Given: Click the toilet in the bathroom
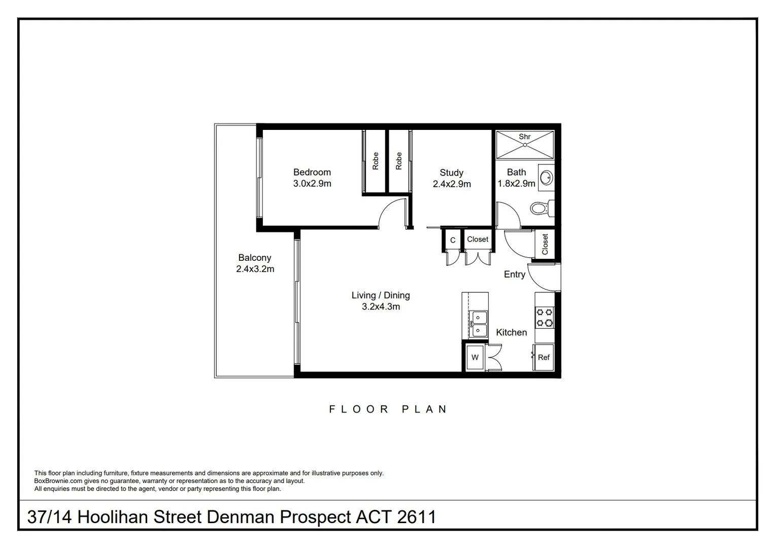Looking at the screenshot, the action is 542,209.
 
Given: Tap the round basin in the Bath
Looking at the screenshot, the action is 546,178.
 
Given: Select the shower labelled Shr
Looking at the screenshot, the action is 525,145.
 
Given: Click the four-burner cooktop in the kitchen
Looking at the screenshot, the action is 545,318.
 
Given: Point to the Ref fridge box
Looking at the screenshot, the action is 544,358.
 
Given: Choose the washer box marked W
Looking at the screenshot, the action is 475,358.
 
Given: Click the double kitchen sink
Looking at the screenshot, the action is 478,324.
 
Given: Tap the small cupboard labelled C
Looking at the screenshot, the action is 452,240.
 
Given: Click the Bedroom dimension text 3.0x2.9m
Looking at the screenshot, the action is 312,184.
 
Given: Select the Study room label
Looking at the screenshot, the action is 451,173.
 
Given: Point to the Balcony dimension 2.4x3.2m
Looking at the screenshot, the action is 255,269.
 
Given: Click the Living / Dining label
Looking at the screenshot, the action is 381,295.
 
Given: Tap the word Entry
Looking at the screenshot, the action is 515,275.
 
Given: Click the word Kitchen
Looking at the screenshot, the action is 512,332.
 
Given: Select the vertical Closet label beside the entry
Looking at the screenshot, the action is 545,244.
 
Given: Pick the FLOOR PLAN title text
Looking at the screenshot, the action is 388,409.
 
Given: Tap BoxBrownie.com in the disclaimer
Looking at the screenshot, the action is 58,481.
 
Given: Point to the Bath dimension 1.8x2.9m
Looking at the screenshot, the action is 516,184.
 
